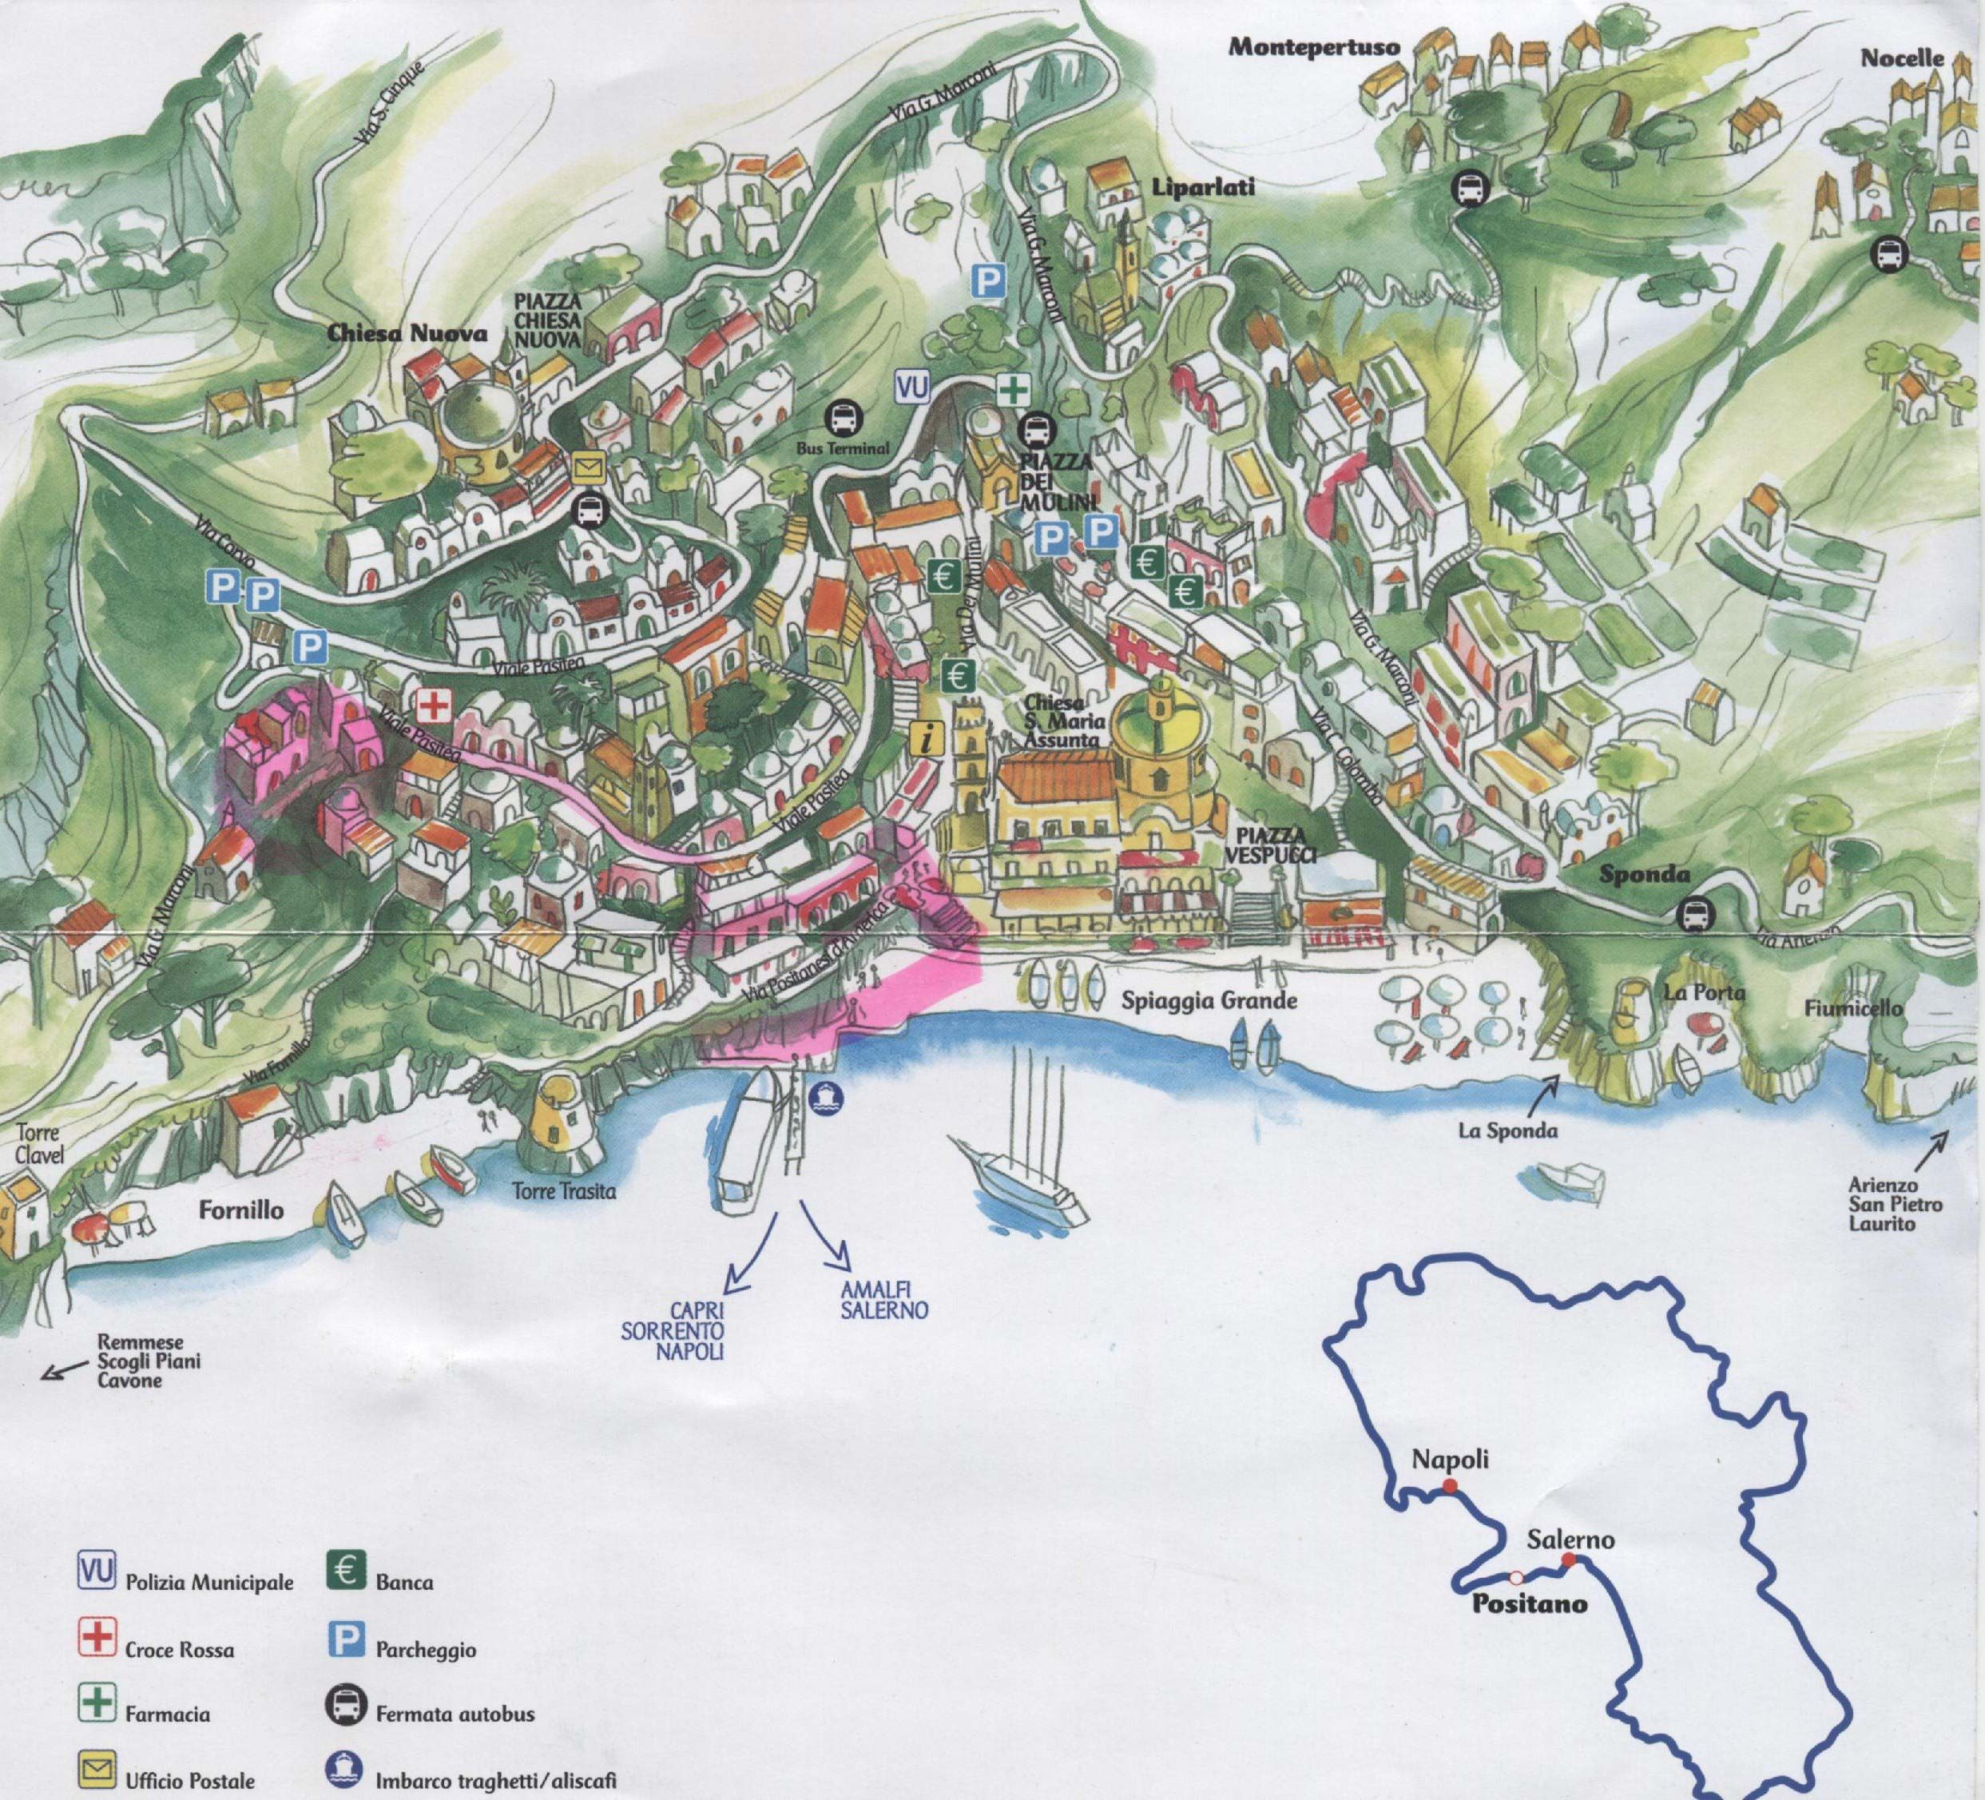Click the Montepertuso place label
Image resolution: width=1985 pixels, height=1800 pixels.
[1313, 47]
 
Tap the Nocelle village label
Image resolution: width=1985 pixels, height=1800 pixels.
[1901, 58]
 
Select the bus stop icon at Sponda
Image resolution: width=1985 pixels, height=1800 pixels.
[1693, 915]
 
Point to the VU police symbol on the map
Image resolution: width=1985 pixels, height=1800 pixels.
[911, 387]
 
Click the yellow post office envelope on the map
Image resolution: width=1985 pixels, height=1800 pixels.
[588, 467]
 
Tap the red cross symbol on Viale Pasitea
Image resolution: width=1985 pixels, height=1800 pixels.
[432, 705]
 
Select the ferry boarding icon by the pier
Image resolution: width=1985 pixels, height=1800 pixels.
[824, 1096]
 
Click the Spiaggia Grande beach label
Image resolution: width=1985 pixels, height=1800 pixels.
[1209, 1000]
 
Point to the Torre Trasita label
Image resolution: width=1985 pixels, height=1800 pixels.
[563, 1191]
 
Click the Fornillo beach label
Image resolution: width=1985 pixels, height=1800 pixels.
[241, 1210]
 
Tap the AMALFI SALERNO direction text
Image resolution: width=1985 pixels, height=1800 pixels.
[883, 1301]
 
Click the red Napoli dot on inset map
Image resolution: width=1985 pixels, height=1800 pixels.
[1449, 1486]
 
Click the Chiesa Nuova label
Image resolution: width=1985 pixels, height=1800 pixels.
[407, 333]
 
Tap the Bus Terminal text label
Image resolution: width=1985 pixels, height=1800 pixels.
[842, 449]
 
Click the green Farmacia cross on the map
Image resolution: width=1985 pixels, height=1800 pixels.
[1011, 390]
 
